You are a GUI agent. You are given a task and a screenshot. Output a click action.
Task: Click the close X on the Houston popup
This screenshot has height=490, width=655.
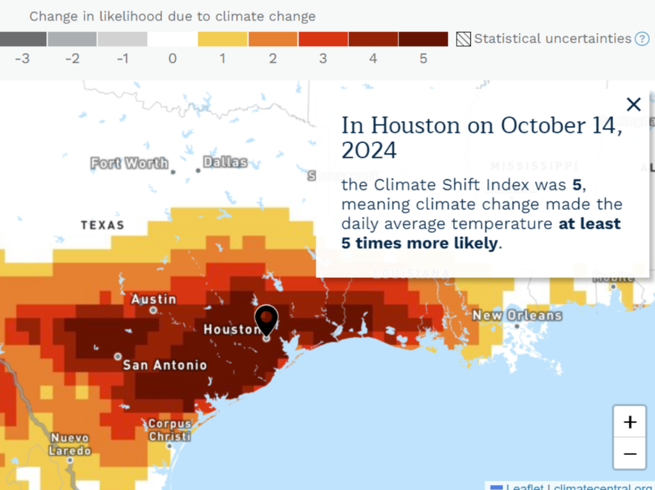(x=633, y=104)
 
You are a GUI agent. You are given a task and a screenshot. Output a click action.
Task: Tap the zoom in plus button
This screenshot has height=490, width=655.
(x=630, y=422)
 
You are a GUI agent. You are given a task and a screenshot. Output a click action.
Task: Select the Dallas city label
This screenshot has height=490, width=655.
(x=225, y=162)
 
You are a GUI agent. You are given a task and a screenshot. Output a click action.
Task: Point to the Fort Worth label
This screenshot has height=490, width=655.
(x=129, y=163)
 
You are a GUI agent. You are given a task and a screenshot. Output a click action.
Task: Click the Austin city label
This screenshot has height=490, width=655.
(x=154, y=299)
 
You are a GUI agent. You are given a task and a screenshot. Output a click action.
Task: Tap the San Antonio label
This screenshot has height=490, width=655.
(x=165, y=365)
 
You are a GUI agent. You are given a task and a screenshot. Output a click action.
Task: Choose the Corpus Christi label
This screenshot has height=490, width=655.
(x=170, y=430)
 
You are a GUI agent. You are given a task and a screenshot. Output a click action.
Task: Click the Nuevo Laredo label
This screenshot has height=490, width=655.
(x=70, y=444)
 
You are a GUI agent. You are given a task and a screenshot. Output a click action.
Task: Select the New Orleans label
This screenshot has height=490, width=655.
(x=517, y=315)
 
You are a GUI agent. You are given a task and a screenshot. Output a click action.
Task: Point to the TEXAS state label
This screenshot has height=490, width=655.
(x=102, y=225)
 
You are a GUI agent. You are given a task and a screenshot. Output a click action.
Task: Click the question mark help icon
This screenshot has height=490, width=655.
(x=642, y=39)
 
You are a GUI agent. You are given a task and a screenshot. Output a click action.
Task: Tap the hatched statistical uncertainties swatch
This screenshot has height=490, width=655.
(x=463, y=39)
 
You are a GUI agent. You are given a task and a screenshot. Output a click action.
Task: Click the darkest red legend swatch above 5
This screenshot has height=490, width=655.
(x=423, y=39)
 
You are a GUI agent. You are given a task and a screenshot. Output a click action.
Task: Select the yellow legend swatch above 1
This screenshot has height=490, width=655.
(x=222, y=39)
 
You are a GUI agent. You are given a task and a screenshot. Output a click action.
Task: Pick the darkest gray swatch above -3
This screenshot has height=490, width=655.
(x=23, y=39)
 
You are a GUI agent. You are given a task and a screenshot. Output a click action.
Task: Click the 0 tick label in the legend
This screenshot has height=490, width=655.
(x=172, y=59)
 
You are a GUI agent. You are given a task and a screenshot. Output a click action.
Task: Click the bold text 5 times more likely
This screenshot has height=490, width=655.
(x=420, y=243)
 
